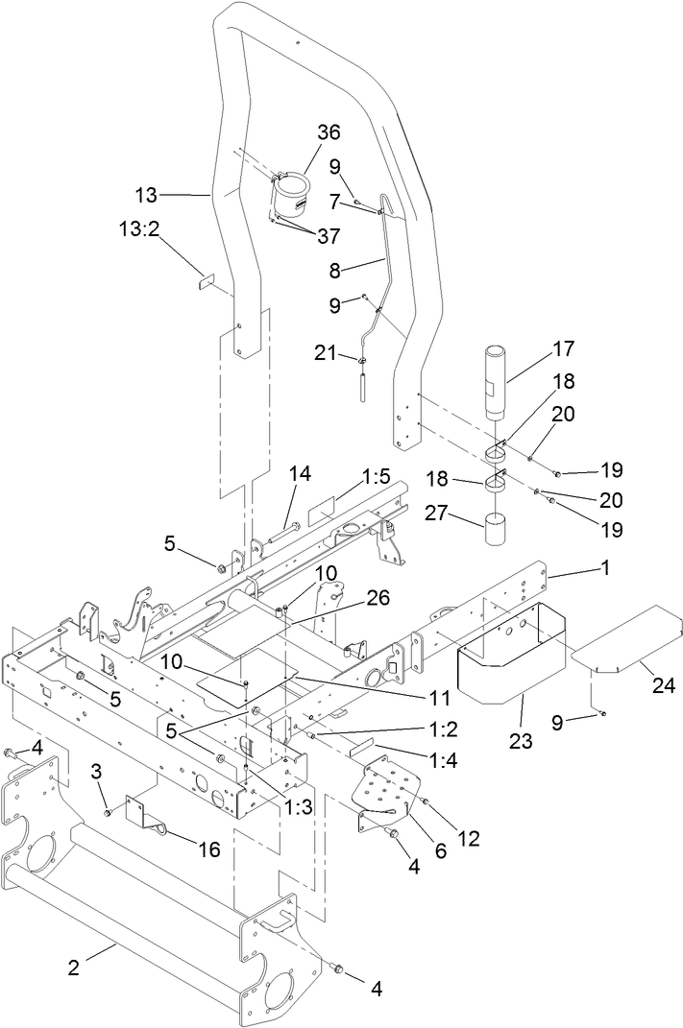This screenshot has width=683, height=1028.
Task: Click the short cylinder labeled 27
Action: [x=500, y=530]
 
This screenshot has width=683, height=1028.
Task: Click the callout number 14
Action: [x=300, y=473]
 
